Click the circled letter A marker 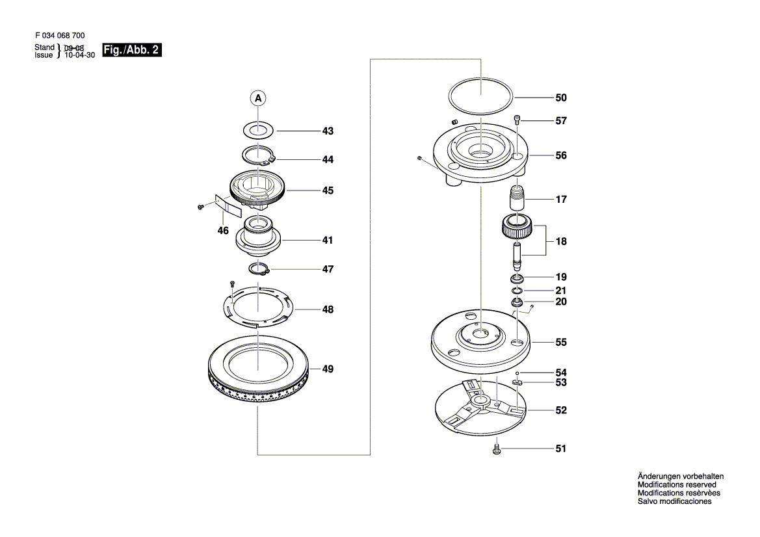tap(258, 98)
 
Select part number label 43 tap(328, 131)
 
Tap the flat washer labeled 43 tap(258, 129)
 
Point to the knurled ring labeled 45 tap(259, 190)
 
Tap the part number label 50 tap(560, 98)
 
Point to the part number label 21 tap(560, 291)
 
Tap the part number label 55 tap(560, 342)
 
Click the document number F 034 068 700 tap(59, 36)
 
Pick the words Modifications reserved tap(676, 485)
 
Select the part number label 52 tap(560, 411)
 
